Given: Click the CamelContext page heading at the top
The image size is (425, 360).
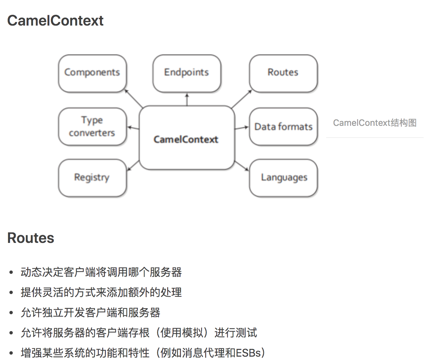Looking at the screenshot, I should pos(55,21).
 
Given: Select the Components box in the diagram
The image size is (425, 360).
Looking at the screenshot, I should pos(92,73).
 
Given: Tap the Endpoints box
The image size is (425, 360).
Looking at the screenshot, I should pos(187,73).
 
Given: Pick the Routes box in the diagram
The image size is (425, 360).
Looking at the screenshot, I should pos(283,73).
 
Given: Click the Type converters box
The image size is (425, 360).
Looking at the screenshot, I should pos(92,127).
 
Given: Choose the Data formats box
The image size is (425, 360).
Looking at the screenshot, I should pos(283,127).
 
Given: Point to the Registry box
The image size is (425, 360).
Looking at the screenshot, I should pos(92,178).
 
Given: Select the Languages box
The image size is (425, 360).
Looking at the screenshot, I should pos(283,178).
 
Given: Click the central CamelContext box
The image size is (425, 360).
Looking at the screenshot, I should pos(187,139).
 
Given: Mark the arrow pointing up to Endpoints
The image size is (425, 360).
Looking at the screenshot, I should pos(187,100).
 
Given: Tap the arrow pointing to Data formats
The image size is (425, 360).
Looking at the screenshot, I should pos(241,128).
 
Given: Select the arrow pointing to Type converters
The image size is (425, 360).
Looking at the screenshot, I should pos(133,128).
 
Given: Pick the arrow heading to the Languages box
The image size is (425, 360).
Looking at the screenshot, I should pos(241,166).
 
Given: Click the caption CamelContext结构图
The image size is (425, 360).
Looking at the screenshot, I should pos(375,123).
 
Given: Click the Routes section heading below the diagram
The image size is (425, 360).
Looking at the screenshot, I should pos(31,238).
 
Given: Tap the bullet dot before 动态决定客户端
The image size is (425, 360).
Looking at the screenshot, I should pos(11,272).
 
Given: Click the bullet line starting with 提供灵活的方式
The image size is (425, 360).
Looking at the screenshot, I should pos(101,292).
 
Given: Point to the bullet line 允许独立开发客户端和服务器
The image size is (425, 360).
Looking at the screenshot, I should pos(90,313).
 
